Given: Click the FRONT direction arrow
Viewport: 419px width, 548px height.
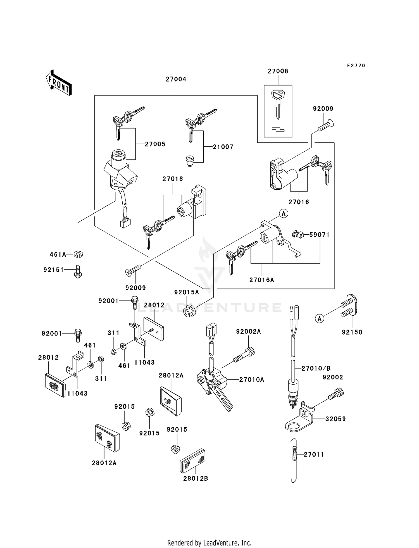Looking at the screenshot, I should click(x=59, y=83).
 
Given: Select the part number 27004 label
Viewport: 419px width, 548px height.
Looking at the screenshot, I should click(x=176, y=79).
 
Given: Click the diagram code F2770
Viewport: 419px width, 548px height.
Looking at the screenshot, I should click(x=356, y=66).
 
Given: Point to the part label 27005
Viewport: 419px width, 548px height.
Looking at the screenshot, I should click(x=155, y=144).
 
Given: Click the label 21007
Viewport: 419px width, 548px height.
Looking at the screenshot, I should click(x=223, y=147).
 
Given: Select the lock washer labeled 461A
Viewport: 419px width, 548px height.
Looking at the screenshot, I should click(x=78, y=254).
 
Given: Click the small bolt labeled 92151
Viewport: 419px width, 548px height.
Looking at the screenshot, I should click(x=78, y=271).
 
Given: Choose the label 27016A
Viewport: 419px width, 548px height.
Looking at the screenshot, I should click(x=262, y=280).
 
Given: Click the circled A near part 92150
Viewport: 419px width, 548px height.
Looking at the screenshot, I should click(x=320, y=318).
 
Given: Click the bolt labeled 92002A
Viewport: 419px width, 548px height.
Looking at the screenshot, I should click(x=244, y=355).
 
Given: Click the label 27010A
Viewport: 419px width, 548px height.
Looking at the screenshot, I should click(x=252, y=380).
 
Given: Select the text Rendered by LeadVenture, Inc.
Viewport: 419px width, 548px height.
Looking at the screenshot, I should click(x=209, y=543).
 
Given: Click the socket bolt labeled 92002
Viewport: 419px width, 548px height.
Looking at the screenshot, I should click(x=337, y=394).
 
